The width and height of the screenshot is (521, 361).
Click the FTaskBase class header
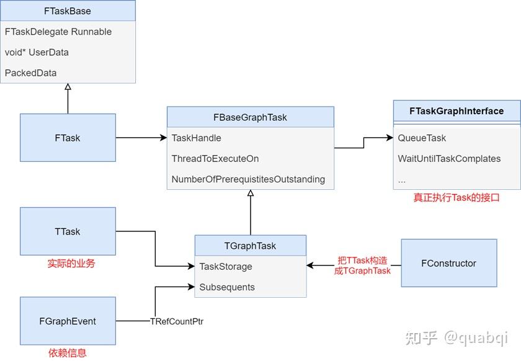pos(68,11)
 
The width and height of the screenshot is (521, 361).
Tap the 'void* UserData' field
pos(37,52)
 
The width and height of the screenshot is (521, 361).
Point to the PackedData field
pos(30,73)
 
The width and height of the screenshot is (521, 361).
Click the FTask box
pos(68,138)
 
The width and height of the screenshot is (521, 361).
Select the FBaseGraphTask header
pos(250,117)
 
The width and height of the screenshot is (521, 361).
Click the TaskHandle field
pos(196,138)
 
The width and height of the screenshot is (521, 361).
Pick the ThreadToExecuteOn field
pos(215,159)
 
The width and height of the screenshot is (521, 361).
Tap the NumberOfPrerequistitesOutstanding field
pos(248,179)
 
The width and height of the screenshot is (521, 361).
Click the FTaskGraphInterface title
pos(456,111)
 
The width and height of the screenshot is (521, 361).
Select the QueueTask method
pos(422,138)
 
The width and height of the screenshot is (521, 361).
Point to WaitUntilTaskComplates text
pos(449,159)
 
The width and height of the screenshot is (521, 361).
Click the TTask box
pos(68,231)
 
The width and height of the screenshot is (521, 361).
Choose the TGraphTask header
pos(250,246)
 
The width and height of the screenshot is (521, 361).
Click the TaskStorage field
pos(225,267)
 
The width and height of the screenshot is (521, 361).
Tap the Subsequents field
pos(226,287)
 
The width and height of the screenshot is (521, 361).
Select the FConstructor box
pos(448,263)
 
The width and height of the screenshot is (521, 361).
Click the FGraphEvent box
pos(68,321)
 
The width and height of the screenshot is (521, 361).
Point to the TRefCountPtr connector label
pos(177,321)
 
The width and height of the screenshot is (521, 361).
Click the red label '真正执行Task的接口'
pos(456,198)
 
